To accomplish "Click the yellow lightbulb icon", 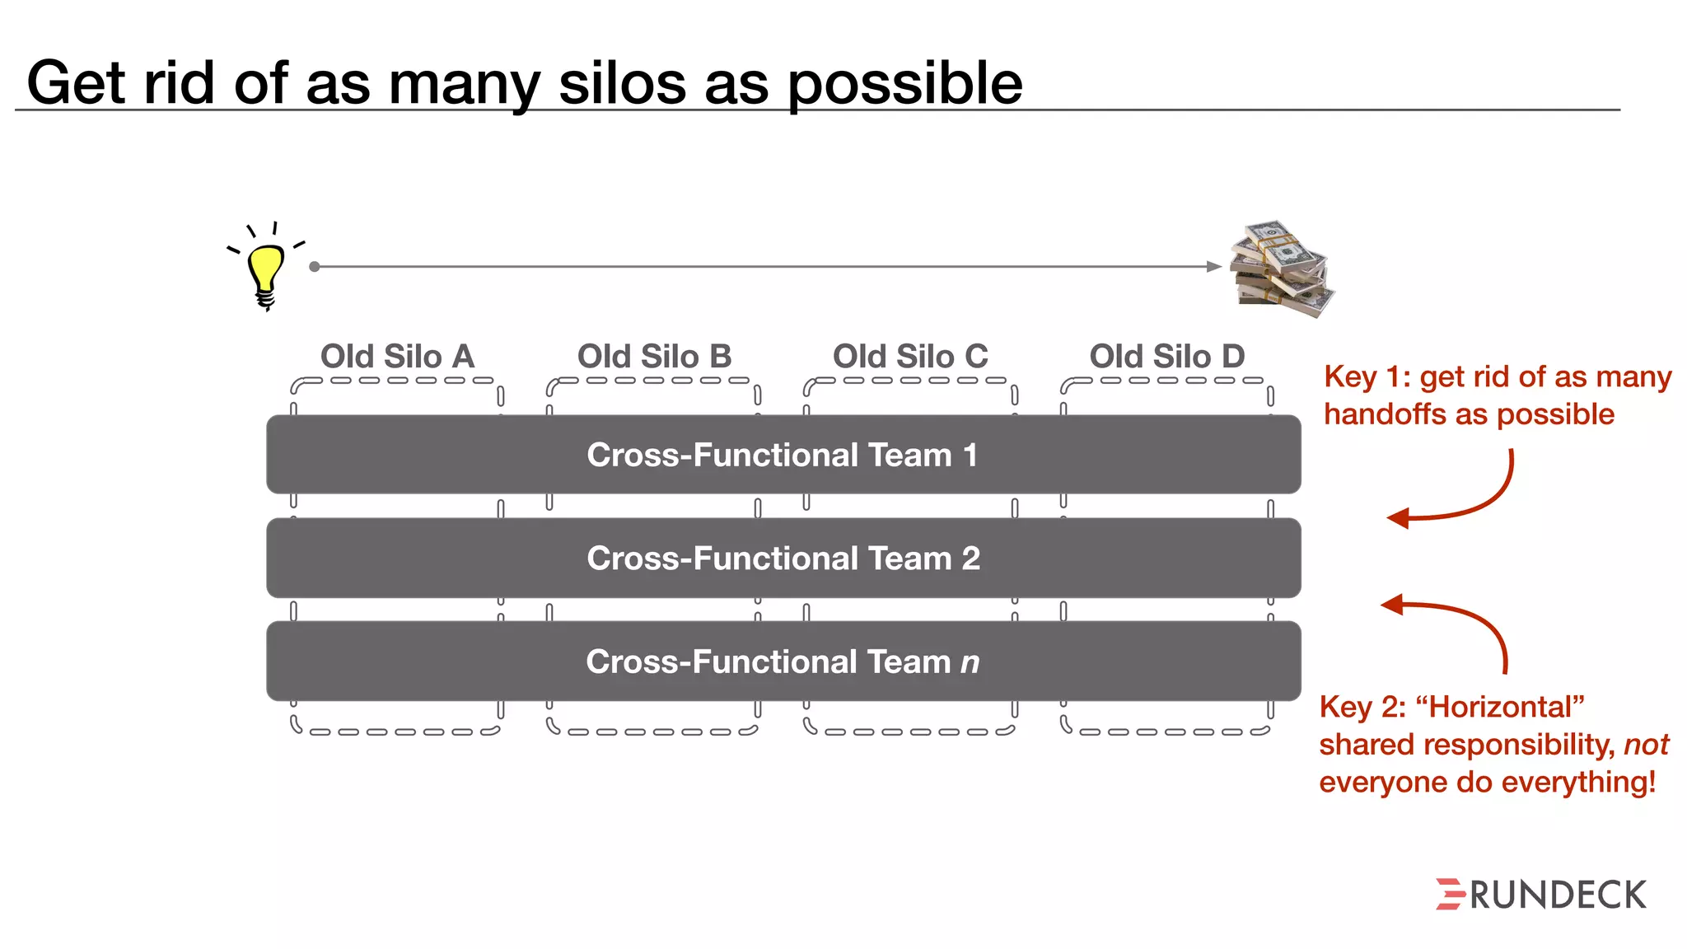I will tap(265, 272).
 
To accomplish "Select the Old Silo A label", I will tap(397, 357).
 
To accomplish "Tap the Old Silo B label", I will tap(654, 357).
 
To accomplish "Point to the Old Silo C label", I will tap(910, 357).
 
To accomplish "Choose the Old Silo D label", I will tap(1166, 357).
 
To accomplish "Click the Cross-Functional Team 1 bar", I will tap(783, 455).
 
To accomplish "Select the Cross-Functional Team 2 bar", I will tap(783, 559).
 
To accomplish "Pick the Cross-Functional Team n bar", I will tap(783, 661).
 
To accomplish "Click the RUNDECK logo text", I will tap(1558, 895).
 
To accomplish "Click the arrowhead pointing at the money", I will tap(1213, 266).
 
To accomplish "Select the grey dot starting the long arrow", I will tap(314, 266).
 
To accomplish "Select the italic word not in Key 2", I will tap(1645, 745).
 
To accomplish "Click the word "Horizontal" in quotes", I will tap(1499, 707).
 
